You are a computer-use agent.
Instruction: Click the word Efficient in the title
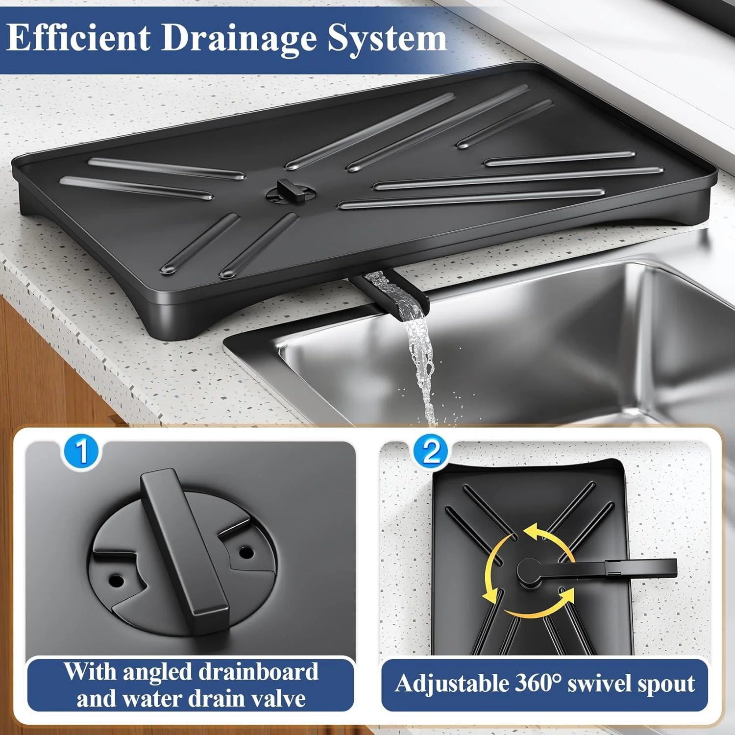pos(78,38)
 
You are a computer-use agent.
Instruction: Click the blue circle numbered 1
pos(81,452)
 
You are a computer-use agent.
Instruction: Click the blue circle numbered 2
pos(431,452)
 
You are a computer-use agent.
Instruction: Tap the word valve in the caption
pos(278,698)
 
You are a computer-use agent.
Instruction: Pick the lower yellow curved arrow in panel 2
pos(534,608)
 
